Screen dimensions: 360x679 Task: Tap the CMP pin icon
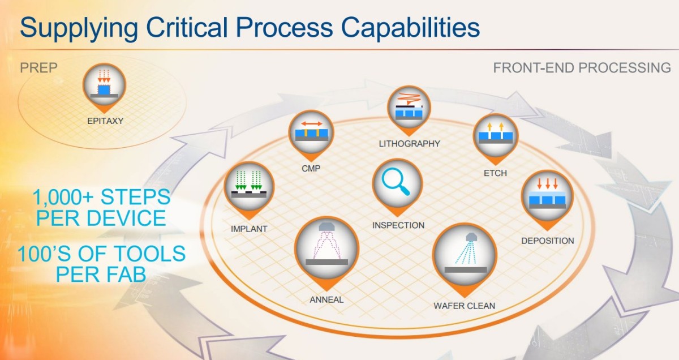(x=310, y=134)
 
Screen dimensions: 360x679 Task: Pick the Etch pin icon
(x=495, y=136)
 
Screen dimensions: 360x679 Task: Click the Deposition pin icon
(x=546, y=195)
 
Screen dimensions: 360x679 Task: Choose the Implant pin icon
(x=249, y=187)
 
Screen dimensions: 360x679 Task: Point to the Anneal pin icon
(x=327, y=248)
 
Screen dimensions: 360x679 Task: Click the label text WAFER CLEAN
(x=464, y=306)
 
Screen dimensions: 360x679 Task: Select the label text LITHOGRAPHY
(x=409, y=144)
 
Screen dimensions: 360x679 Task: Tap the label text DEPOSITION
(x=547, y=241)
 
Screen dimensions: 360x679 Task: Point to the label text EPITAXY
(x=105, y=121)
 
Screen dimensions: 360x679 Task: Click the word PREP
(x=39, y=68)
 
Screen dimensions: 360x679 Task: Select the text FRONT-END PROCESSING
(x=582, y=68)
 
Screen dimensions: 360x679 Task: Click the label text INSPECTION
(x=398, y=225)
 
